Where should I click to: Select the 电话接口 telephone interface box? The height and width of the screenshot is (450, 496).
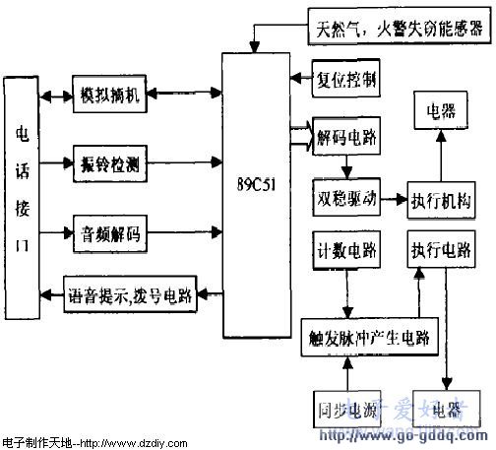21,196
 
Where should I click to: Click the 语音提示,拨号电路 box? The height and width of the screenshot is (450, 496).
129,292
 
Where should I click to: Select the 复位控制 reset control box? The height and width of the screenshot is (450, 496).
343,78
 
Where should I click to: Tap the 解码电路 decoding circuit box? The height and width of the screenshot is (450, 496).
343,132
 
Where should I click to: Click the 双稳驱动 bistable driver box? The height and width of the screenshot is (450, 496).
343,197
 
